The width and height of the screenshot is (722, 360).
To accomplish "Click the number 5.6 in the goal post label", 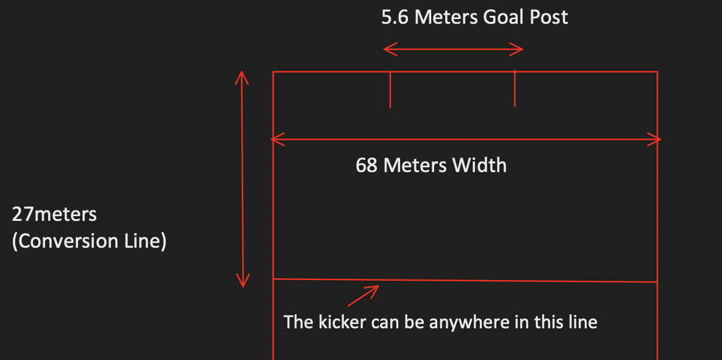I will coord(395,17).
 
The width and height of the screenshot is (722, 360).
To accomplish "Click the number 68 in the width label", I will coord(366,165).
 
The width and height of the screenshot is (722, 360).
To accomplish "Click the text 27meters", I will coord(54,215).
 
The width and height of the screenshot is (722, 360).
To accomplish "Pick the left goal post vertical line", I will coord(390,90).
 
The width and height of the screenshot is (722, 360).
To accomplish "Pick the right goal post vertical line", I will coord(515,88).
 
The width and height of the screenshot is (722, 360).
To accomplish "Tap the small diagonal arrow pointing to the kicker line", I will coord(364,295).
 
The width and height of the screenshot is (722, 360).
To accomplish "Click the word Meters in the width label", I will coord(415,165).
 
